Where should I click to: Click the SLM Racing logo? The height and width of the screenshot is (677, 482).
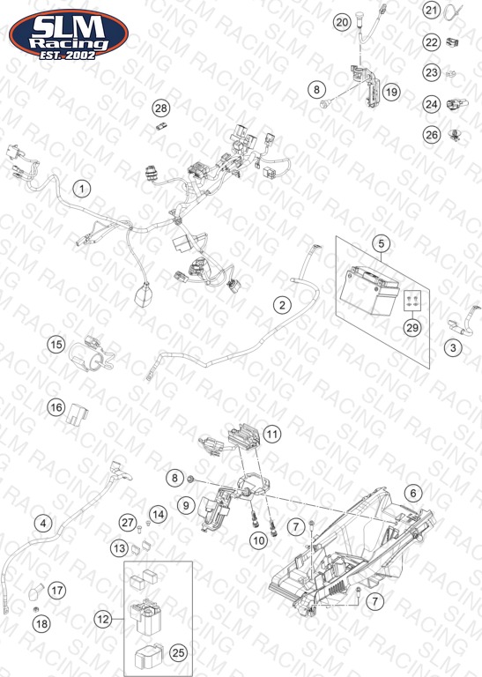point(69,34)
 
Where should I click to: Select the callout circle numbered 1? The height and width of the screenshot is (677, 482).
point(82,189)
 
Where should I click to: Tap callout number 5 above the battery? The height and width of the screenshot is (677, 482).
point(381,243)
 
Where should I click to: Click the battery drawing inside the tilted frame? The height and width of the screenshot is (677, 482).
point(369,291)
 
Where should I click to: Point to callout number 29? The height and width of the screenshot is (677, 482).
point(412,328)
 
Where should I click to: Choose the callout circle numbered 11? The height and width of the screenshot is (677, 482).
point(272,434)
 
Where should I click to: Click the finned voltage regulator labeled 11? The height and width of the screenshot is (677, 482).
point(243,436)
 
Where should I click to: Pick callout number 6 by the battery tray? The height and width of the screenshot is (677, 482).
point(413,493)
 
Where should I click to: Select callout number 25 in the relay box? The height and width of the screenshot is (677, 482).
point(178,653)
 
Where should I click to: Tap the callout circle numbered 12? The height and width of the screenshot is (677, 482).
point(103,620)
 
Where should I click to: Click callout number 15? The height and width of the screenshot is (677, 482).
point(56,345)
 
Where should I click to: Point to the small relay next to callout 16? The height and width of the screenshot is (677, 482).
point(77,414)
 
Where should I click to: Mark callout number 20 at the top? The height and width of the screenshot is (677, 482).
point(342,22)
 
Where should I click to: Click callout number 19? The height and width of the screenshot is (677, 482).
point(391,92)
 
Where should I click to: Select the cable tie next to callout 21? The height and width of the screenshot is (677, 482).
point(452,11)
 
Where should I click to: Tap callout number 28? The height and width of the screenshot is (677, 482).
point(161,108)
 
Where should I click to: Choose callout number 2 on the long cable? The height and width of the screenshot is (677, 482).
point(282,305)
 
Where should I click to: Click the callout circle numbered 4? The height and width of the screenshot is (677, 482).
point(43,524)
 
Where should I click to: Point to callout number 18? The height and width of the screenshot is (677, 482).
point(42,623)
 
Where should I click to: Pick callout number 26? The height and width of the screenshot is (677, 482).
point(432,135)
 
